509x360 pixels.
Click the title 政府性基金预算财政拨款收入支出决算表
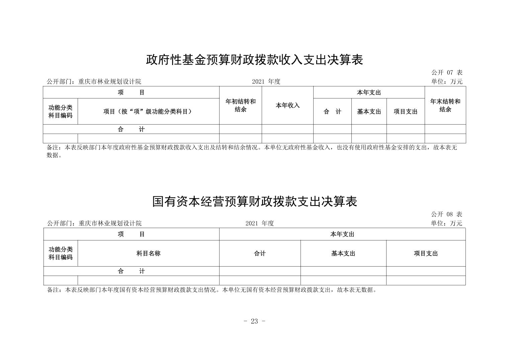tap(254, 60)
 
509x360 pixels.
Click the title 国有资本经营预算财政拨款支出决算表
tap(254, 202)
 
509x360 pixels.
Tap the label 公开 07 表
tap(447, 73)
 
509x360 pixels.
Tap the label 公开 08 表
tap(446, 214)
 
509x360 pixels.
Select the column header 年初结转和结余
tap(240, 105)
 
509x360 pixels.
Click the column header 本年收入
tap(287, 105)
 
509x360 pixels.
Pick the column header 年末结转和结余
tap(445, 105)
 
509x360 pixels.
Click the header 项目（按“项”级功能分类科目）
tap(148, 112)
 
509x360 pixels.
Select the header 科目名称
tap(148, 254)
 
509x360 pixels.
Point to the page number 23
tap(254, 321)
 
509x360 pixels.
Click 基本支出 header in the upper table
tap(369, 112)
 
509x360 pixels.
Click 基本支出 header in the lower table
tap(343, 254)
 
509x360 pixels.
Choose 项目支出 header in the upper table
tap(406, 112)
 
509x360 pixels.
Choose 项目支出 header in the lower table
tap(426, 254)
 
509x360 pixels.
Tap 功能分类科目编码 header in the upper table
tap(60, 112)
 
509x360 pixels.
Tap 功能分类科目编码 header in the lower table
tap(61, 254)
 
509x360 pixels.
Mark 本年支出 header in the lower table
tap(342, 234)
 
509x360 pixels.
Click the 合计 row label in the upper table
tap(131, 129)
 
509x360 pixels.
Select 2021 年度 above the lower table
tap(259, 223)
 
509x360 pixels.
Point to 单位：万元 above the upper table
tap(447, 81)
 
